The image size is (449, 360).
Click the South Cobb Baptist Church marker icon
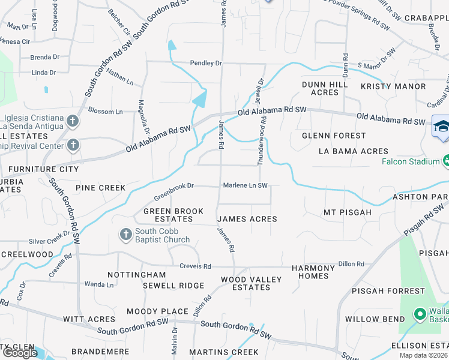125,234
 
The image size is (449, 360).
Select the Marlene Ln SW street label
245,185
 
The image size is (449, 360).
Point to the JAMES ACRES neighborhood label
247,219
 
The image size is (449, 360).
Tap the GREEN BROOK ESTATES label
173,215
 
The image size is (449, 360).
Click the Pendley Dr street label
206,63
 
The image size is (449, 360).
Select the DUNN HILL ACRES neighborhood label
325,89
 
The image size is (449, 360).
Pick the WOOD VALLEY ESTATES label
246,283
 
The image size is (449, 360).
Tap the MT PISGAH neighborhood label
348,212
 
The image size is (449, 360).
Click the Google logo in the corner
20,353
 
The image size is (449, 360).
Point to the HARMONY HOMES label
313,272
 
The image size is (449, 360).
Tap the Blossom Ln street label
105,112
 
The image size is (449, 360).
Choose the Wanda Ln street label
99,284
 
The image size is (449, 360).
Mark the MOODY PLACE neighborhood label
157,311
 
